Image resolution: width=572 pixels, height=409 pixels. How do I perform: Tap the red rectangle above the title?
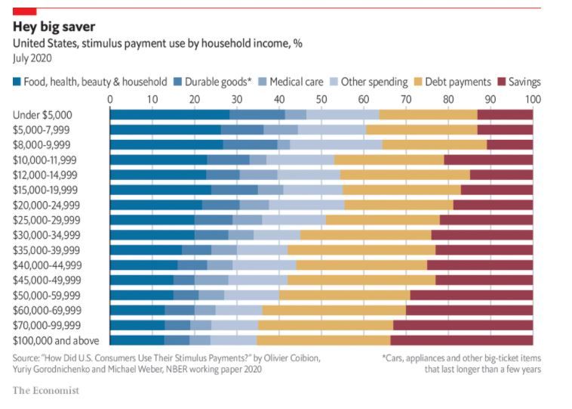[25, 11]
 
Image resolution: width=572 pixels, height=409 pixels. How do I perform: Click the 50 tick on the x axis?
[321, 99]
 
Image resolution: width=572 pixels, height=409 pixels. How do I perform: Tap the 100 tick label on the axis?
[533, 99]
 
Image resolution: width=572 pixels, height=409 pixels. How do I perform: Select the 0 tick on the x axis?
[111, 99]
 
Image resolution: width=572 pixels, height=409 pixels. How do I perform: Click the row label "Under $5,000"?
[42, 114]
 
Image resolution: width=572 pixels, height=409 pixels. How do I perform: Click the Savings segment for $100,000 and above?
[462, 340]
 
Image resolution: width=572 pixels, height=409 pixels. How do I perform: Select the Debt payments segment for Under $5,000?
[428, 114]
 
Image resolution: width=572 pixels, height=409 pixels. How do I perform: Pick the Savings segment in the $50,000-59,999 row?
[472, 295]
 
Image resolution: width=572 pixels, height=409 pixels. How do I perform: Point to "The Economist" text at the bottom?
[45, 391]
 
